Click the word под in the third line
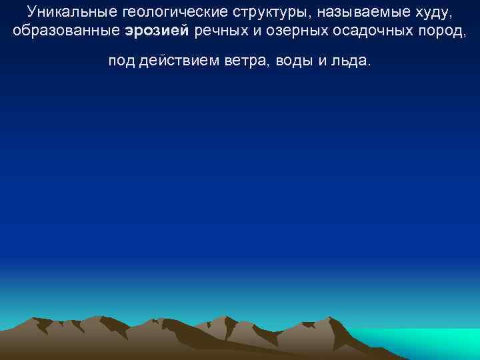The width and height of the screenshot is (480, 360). [121, 61]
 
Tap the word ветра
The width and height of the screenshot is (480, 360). [243, 61]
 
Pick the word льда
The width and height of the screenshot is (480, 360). [351, 61]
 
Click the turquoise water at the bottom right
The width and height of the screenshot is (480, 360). [427, 343]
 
